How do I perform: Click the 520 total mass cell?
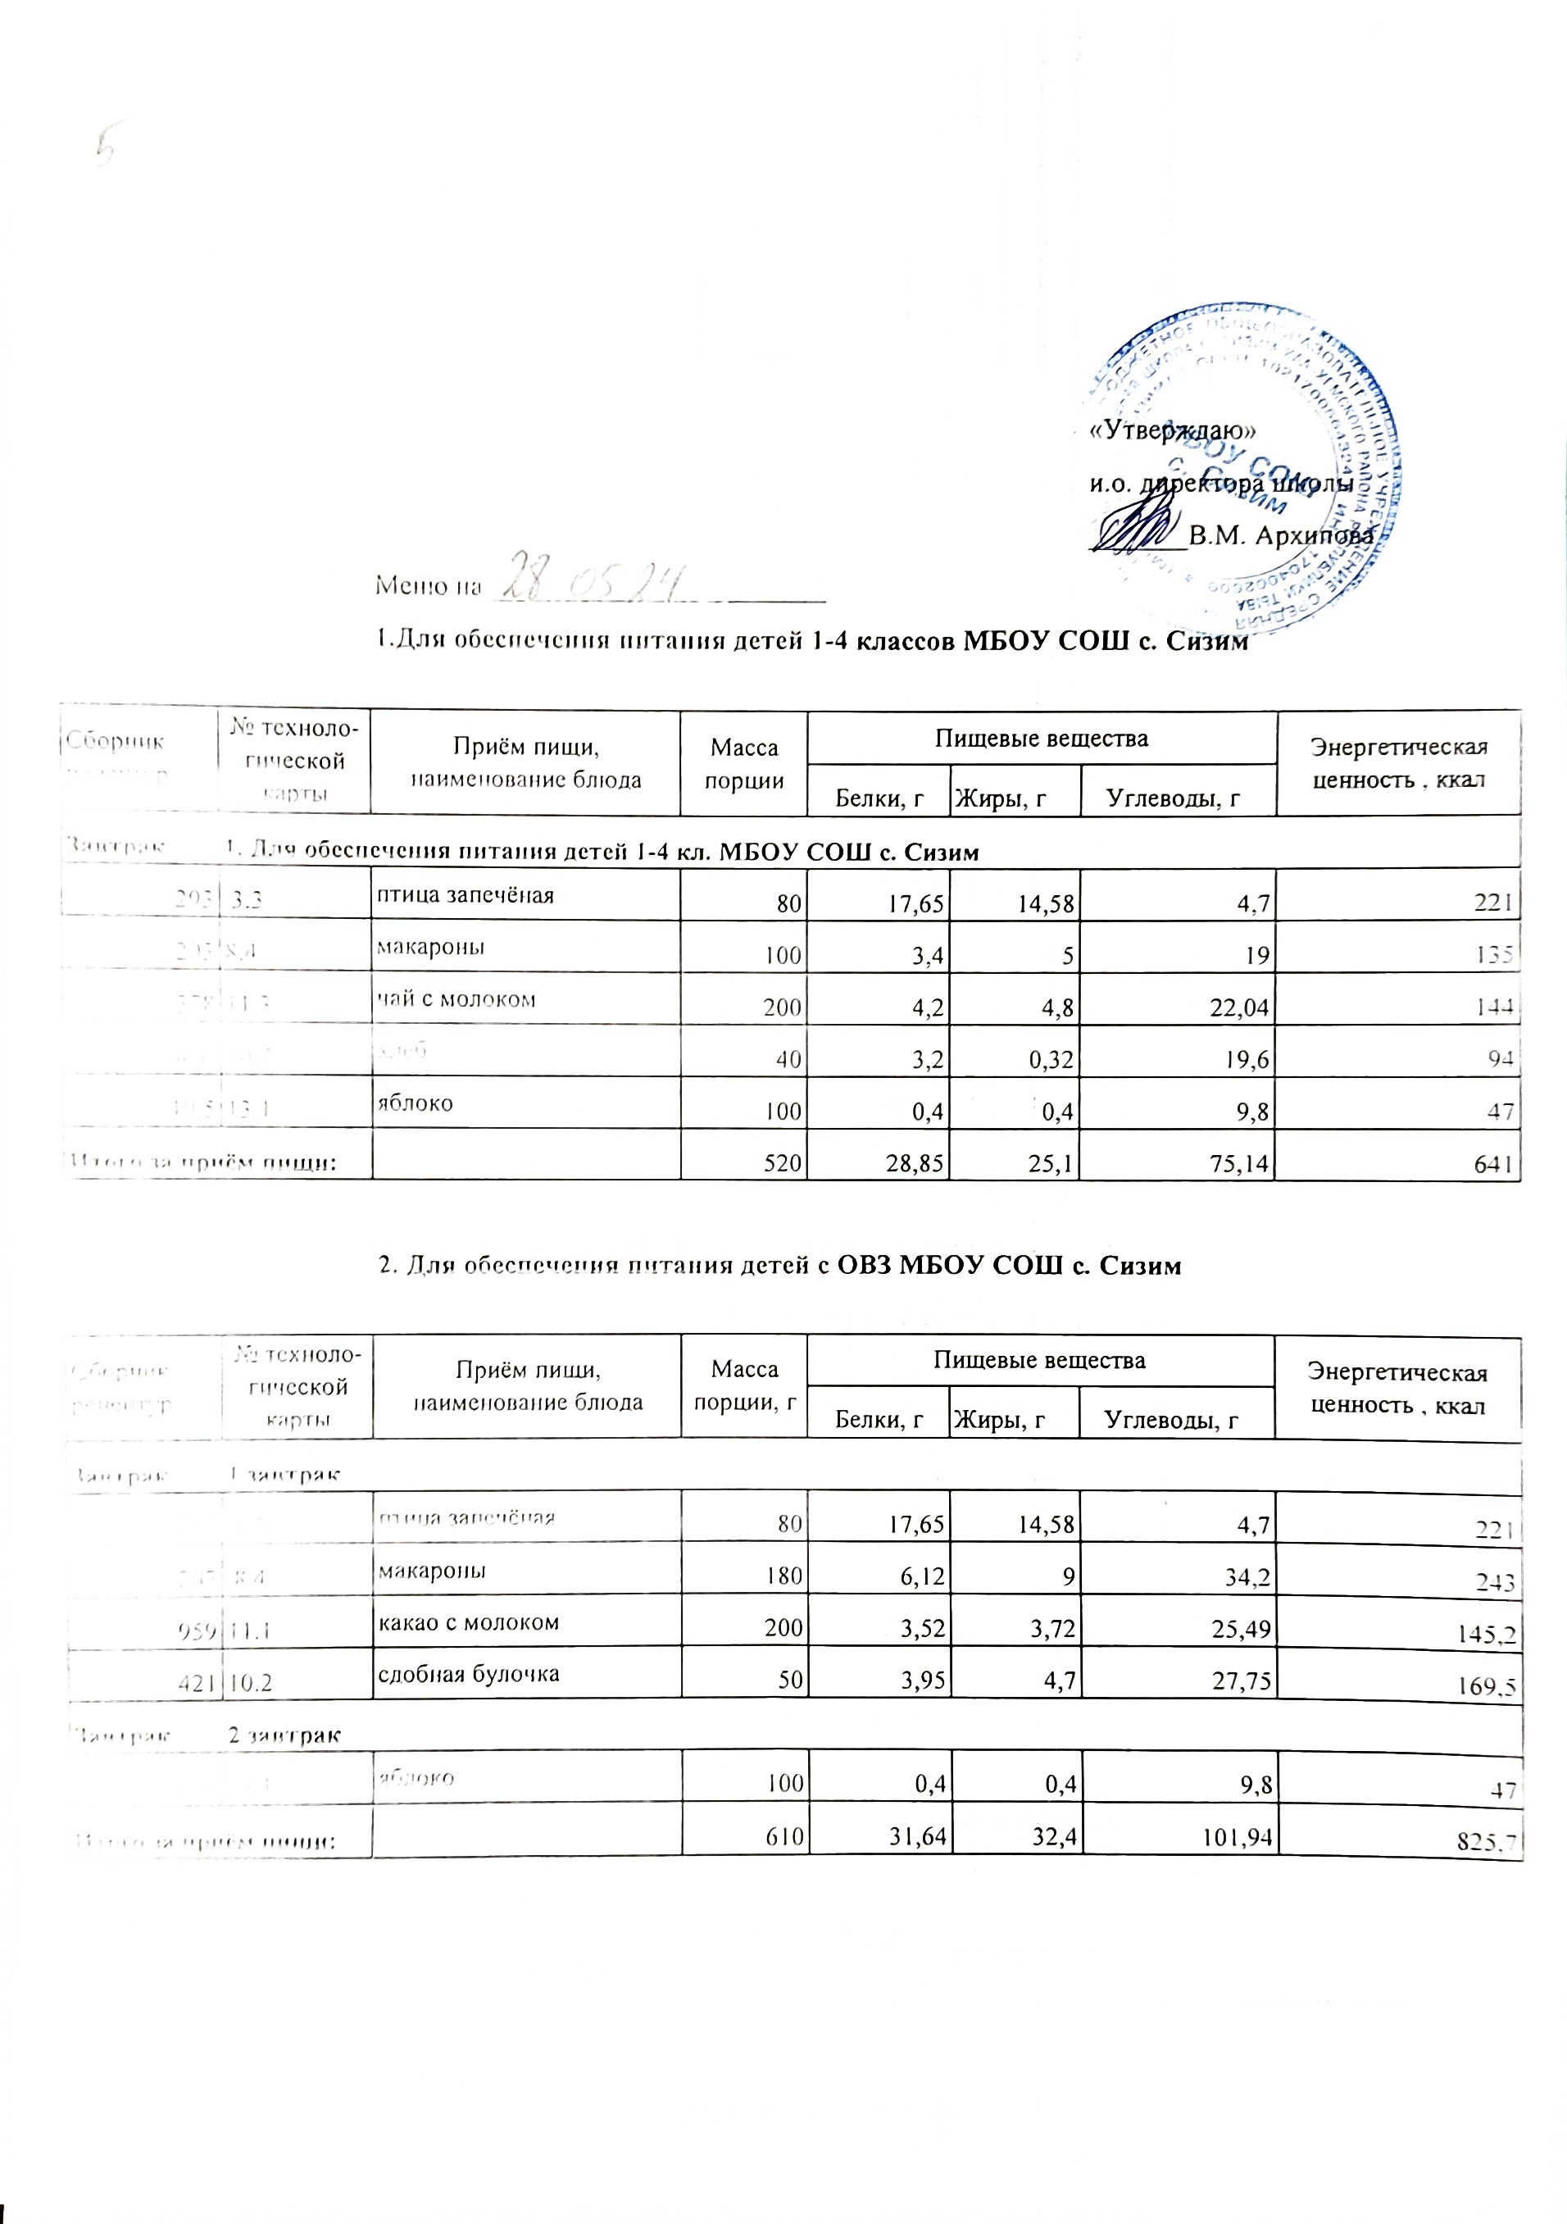point(785,1165)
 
